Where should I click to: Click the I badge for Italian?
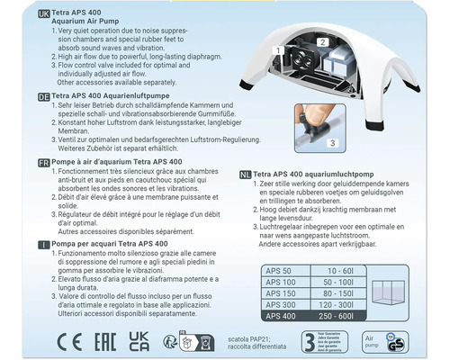(x=14, y=244)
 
